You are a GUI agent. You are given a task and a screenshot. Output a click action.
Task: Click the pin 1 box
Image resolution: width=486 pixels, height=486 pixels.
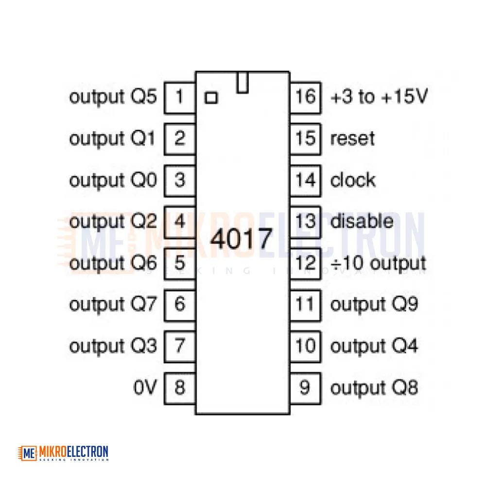tap(180, 98)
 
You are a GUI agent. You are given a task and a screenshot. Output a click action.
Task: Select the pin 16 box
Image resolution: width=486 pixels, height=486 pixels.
tap(305, 98)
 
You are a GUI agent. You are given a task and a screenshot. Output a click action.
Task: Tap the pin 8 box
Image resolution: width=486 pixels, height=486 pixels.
tap(180, 388)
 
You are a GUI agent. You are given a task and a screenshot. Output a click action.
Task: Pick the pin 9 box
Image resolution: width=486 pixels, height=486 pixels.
tap(305, 388)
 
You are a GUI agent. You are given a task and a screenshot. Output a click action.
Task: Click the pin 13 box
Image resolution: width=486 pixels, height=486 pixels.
tap(305, 222)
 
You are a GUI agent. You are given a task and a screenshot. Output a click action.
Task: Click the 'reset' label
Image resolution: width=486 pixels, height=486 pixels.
tap(352, 139)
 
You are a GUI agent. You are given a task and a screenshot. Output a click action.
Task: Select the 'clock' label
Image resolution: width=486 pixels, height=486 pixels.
tap(353, 180)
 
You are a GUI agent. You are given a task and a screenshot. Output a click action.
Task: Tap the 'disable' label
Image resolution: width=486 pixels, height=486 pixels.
tap(362, 221)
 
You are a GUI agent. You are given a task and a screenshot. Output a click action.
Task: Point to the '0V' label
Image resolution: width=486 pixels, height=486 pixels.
tap(145, 387)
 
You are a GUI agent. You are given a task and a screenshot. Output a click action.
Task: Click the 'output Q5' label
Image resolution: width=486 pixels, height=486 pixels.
tap(113, 97)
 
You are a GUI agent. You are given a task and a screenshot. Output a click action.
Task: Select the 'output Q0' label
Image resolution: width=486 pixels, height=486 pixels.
tap(113, 181)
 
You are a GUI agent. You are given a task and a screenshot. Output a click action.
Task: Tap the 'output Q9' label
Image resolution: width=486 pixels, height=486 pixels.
tap(374, 305)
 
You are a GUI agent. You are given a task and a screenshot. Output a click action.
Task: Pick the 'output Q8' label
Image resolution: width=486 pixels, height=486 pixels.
tap(374, 388)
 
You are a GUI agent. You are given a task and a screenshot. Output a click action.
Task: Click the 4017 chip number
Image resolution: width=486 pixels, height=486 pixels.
tap(241, 239)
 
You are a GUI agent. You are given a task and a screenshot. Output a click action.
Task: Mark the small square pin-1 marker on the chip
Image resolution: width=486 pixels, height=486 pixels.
tap(211, 98)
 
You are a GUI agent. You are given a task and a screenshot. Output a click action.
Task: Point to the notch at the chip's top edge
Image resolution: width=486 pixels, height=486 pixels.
tap(243, 82)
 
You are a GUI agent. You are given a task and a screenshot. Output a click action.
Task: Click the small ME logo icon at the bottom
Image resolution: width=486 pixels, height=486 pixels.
tap(27, 453)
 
